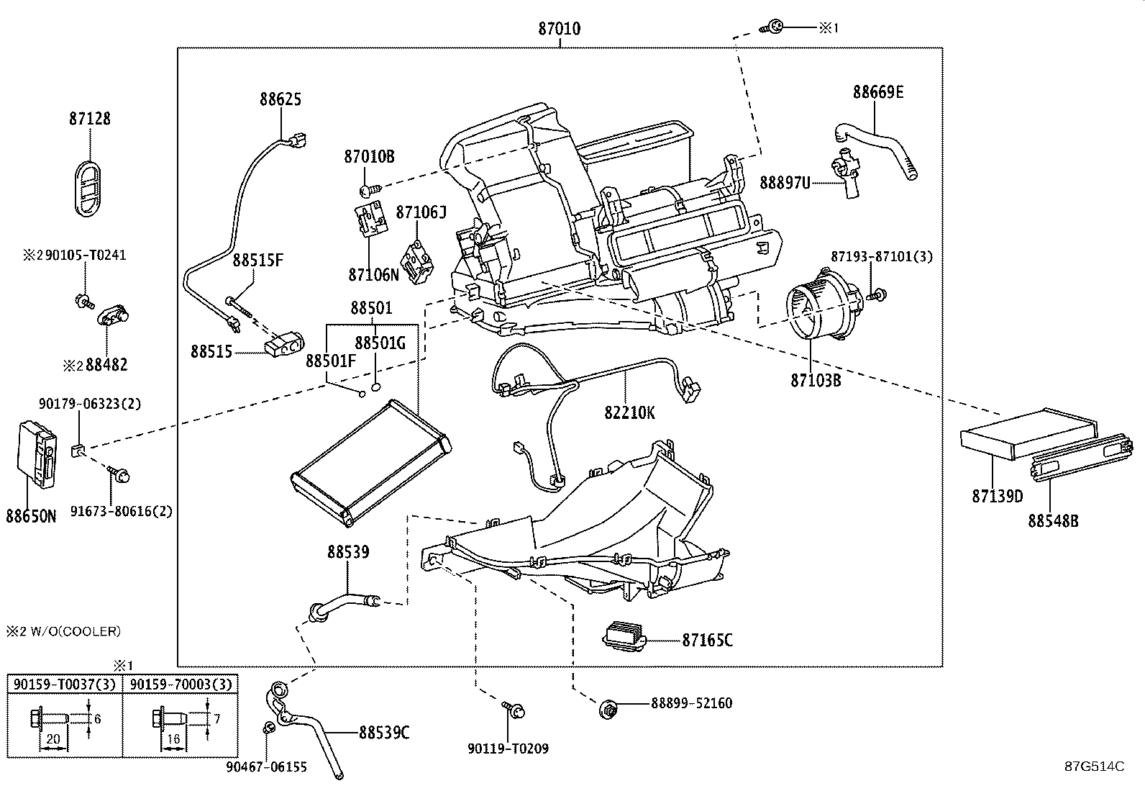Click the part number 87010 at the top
tap(560, 29)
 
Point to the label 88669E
tap(877, 92)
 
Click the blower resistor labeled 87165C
tap(624, 636)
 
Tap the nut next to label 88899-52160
tap(607, 710)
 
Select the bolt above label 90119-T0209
tap(514, 709)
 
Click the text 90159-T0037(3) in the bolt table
tap(65, 684)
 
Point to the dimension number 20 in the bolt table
tap(53, 738)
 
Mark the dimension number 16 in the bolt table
tap(173, 738)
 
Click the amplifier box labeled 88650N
tap(37, 454)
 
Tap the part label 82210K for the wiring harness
tap(629, 412)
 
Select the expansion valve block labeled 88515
tap(284, 344)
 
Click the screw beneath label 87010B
tap(370, 190)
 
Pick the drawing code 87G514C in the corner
tap(1095, 766)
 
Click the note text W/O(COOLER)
tap(76, 631)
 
